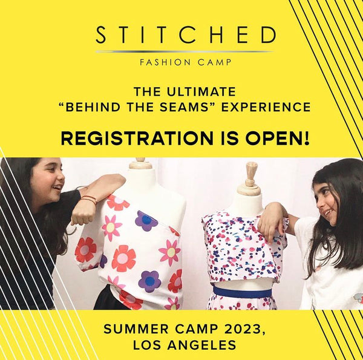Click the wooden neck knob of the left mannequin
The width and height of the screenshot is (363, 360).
pyautogui.click(x=140, y=163)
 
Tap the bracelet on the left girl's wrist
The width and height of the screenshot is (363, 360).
pyautogui.click(x=88, y=199)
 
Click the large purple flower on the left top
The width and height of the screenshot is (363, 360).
pyautogui.click(x=146, y=221)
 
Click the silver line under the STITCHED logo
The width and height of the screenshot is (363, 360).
pyautogui.click(x=184, y=51)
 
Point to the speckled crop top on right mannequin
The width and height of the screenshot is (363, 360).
pyautogui.click(x=242, y=248)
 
